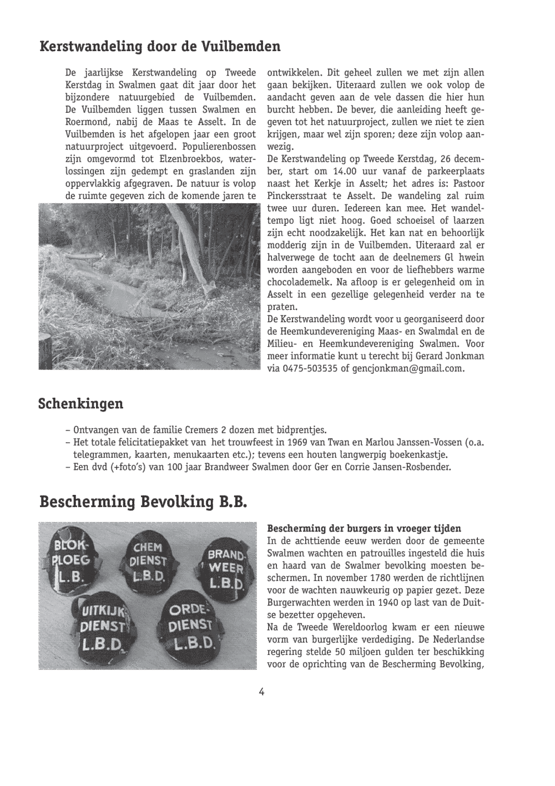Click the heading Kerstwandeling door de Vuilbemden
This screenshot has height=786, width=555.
(x=160, y=46)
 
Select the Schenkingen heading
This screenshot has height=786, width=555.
(x=80, y=403)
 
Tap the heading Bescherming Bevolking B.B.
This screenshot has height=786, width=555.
(x=143, y=502)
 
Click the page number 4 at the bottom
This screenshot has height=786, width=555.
(x=261, y=692)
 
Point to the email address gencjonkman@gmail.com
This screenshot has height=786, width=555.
(x=408, y=368)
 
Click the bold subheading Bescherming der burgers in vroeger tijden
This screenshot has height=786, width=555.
(x=364, y=528)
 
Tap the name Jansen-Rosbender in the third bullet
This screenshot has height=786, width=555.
(x=417, y=467)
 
